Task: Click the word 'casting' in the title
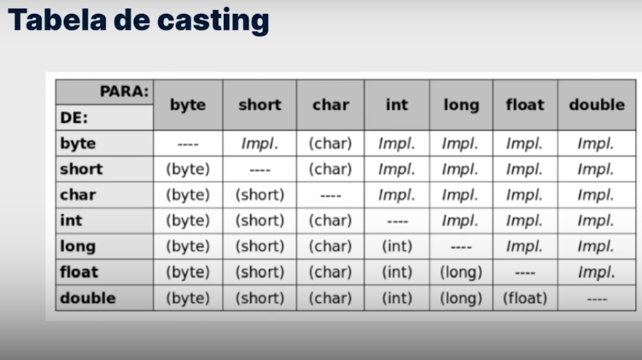tap(213, 20)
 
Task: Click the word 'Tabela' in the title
tap(57, 20)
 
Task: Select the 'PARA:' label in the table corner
tap(124, 91)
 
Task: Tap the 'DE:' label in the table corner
tap(74, 118)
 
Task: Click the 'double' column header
tap(597, 105)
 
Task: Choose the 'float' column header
tap(525, 105)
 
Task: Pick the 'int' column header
tap(397, 105)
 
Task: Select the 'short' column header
tap(260, 105)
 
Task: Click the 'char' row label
tap(78, 195)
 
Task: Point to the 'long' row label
tap(78, 247)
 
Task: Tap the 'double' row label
tap(88, 298)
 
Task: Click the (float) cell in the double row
tap(525, 298)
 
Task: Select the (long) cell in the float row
tap(461, 272)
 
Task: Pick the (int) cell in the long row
tap(397, 247)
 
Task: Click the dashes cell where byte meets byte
tap(188, 144)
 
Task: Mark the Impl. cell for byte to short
tap(260, 143)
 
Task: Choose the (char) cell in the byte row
tap(330, 143)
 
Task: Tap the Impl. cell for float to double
tap(596, 272)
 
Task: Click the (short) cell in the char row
tap(260, 195)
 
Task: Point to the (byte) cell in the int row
tap(188, 220)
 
